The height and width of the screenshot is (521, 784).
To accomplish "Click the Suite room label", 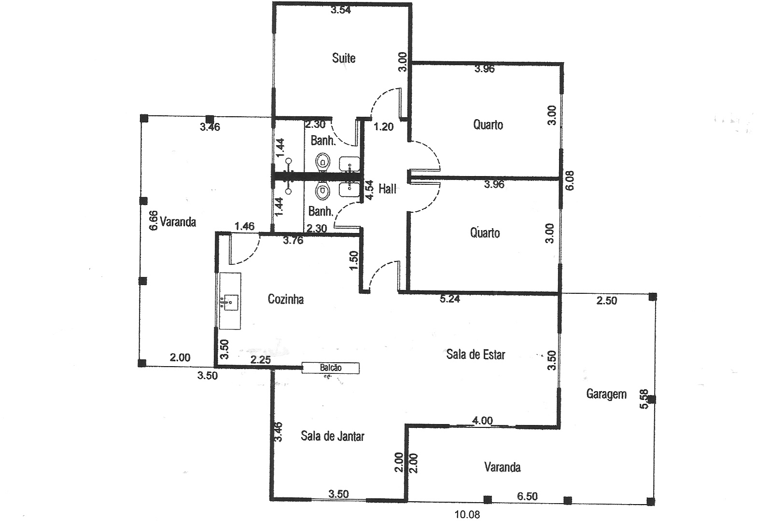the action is pyautogui.click(x=344, y=58).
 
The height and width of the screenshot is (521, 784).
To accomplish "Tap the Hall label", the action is pyautogui.click(x=388, y=189).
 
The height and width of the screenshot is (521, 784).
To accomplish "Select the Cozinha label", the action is pyautogui.click(x=286, y=299).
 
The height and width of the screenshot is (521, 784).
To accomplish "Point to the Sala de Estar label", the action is pyautogui.click(x=476, y=355).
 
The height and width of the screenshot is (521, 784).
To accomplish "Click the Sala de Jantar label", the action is pyautogui.click(x=333, y=436).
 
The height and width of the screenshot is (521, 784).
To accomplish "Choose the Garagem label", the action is pyautogui.click(x=606, y=394).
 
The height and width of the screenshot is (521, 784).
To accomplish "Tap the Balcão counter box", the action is pyautogui.click(x=330, y=368).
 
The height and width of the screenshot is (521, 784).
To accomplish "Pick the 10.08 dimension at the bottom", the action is pyautogui.click(x=467, y=514).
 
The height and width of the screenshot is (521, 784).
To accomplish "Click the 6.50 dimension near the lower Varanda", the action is pyautogui.click(x=527, y=496).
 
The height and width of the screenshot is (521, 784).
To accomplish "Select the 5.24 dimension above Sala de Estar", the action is pyautogui.click(x=450, y=299).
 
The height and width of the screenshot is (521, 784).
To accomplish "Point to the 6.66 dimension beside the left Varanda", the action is pyautogui.click(x=154, y=220).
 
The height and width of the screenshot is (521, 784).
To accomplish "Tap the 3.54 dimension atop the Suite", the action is pyautogui.click(x=340, y=10).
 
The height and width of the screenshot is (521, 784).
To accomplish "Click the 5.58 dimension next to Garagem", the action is pyautogui.click(x=644, y=399).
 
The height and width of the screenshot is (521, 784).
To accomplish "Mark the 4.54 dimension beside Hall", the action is pyautogui.click(x=369, y=190).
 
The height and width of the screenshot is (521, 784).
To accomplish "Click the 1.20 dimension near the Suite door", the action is pyautogui.click(x=384, y=126).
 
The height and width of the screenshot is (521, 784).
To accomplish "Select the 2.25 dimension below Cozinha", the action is pyautogui.click(x=260, y=359).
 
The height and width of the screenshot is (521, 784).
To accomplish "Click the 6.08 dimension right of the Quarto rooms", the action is pyautogui.click(x=570, y=180).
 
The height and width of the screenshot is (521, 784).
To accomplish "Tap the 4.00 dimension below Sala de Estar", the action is pyautogui.click(x=482, y=420).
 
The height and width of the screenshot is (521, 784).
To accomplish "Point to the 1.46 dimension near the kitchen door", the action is pyautogui.click(x=244, y=226).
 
